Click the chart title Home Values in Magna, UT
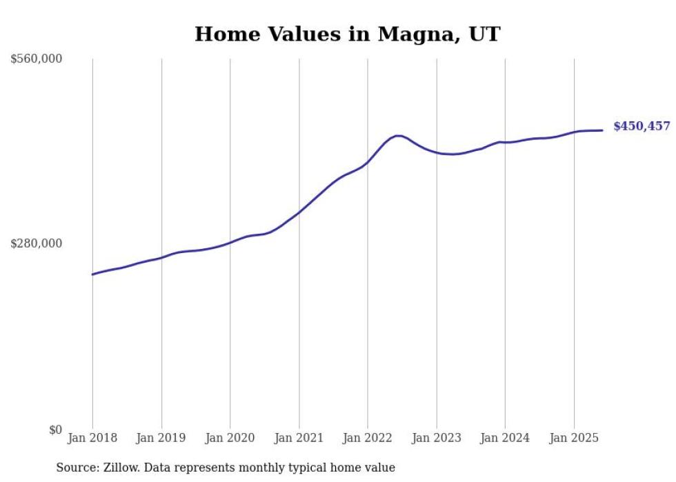tap(347, 34)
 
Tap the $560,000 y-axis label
tap(37, 59)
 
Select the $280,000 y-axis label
tap(37, 243)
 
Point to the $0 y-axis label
tap(55, 430)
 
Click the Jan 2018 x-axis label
tap(92, 438)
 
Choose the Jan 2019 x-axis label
tap(161, 438)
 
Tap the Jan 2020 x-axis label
tap(230, 438)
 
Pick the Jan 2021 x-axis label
tap(299, 438)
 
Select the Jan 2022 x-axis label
tap(368, 438)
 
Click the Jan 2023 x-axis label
tap(436, 438)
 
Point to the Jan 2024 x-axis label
tap(505, 438)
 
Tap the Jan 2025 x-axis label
tap(573, 438)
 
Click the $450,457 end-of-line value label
tap(642, 126)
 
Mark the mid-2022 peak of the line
tap(398, 136)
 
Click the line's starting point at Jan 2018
tap(92, 274)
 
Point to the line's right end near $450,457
tap(602, 130)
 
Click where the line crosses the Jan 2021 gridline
tap(299, 212)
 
